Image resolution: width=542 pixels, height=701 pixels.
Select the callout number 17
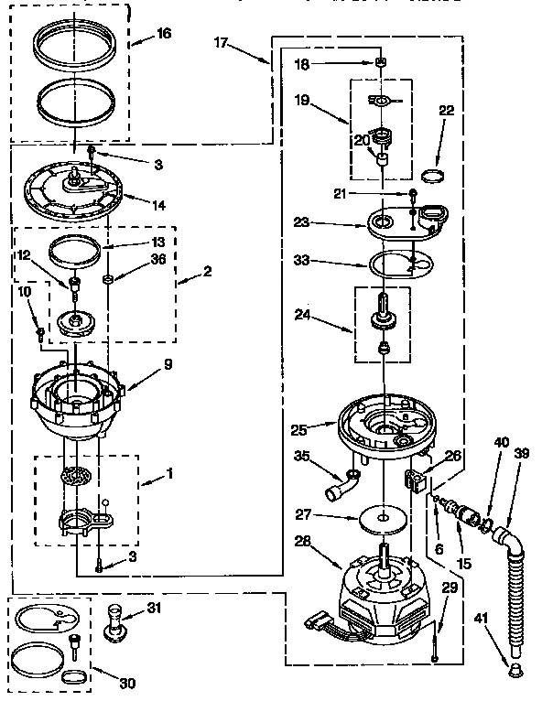tap(222, 41)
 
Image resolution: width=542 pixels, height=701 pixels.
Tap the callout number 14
tap(158, 205)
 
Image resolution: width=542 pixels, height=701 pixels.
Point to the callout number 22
tap(446, 111)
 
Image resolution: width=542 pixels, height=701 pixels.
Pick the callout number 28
tap(302, 541)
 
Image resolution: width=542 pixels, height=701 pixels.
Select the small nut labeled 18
tap(379, 62)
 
